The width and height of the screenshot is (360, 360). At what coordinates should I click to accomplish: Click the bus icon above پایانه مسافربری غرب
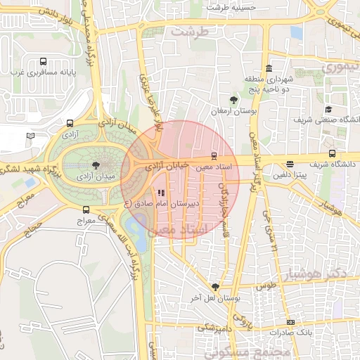click(44, 60)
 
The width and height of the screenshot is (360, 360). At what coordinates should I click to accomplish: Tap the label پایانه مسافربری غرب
click(44, 72)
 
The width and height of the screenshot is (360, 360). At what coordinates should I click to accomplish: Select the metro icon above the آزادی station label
click(70, 122)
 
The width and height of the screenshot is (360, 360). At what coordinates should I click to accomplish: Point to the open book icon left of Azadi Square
click(30, 136)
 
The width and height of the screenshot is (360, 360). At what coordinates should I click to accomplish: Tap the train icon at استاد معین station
click(214, 157)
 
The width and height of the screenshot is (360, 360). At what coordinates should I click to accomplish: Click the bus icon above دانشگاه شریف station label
click(332, 153)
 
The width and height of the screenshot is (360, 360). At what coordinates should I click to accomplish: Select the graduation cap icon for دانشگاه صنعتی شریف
click(328, 109)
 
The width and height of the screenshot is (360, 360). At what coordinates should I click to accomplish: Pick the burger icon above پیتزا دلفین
click(290, 165)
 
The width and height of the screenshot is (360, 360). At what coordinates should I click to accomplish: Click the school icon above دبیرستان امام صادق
click(161, 193)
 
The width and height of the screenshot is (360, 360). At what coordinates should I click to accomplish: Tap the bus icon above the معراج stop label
click(86, 210)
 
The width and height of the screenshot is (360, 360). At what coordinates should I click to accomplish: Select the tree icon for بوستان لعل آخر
click(214, 287)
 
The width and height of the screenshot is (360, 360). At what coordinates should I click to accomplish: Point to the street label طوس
click(265, 286)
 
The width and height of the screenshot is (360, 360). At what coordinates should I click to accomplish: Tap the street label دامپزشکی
click(215, 327)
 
